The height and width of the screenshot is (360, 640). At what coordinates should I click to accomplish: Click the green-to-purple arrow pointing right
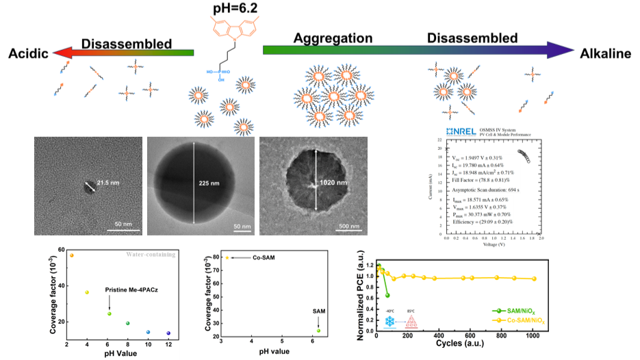coord(418,50)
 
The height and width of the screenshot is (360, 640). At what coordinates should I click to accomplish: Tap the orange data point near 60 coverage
coord(71,255)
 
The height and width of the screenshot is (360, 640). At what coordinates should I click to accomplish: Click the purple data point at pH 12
coord(168,333)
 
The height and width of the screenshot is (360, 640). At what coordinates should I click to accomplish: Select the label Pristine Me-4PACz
coord(134,291)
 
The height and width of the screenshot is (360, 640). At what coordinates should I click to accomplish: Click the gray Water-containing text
coord(150,255)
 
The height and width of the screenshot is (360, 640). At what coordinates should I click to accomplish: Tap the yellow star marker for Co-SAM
coord(227,258)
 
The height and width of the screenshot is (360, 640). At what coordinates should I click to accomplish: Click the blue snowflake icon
coord(389,321)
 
